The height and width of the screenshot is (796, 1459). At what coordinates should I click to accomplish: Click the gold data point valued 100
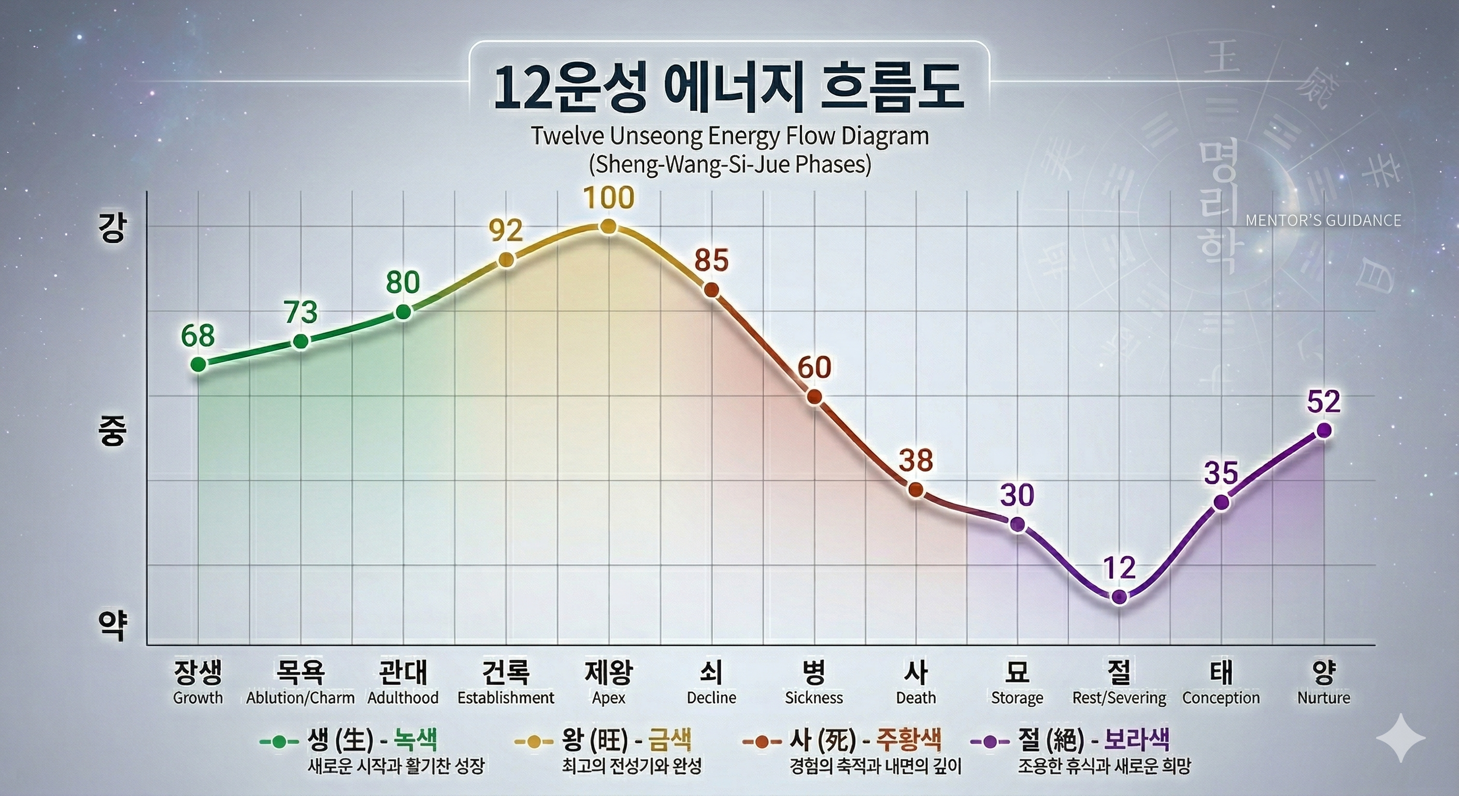tap(608, 226)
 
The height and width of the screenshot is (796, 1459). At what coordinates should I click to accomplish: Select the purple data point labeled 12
tap(1119, 597)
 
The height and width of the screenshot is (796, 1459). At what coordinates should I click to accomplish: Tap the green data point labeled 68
tap(198, 364)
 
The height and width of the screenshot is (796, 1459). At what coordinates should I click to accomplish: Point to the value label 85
tap(711, 261)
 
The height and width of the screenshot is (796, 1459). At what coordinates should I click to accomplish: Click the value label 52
tap(1324, 402)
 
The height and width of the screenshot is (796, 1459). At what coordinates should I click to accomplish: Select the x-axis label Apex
tap(608, 698)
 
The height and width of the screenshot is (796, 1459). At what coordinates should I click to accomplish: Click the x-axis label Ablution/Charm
tap(300, 698)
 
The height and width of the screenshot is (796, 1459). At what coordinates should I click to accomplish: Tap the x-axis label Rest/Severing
tap(1119, 698)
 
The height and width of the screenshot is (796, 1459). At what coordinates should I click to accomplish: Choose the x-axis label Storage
tap(1017, 698)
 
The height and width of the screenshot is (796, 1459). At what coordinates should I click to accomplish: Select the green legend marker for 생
tap(279, 742)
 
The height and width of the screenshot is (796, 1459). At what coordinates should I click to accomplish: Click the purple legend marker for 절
tap(990, 742)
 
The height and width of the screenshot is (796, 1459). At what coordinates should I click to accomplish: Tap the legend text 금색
tap(669, 740)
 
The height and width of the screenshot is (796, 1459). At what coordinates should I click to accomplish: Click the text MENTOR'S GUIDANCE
tap(1323, 220)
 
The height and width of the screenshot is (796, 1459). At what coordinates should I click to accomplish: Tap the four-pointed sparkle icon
tap(1400, 737)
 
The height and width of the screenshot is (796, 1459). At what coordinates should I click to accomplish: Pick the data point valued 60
tap(814, 396)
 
